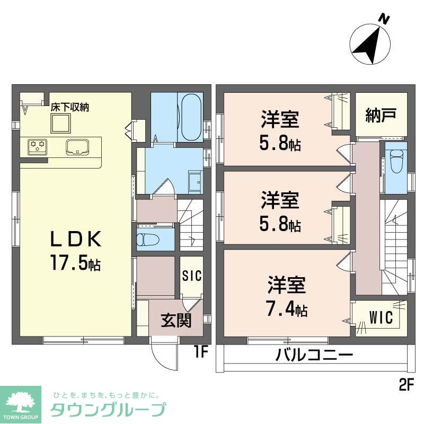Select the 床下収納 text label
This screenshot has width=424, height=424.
[x=69, y=107]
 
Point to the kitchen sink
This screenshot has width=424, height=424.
[x=77, y=147]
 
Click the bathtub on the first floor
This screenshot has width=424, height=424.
[x=190, y=117]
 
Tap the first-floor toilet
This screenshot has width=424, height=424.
[x=148, y=239]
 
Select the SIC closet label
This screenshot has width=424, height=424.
[x=191, y=276]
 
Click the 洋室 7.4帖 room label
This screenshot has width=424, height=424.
[x=287, y=297]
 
